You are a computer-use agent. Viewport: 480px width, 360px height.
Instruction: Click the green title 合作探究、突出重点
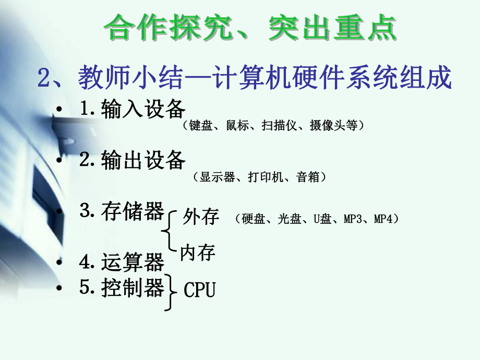(250, 28)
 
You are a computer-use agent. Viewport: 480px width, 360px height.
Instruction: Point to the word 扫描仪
(277, 126)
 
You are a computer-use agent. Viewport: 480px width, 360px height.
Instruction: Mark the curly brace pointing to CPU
(170, 292)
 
